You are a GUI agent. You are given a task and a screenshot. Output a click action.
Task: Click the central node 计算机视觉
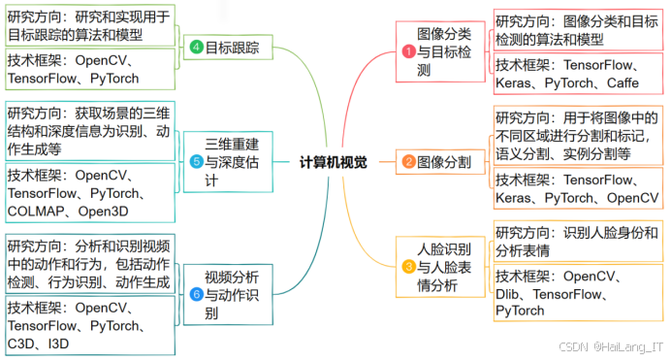click(x=334, y=163)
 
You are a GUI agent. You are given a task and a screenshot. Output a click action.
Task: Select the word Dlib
click(x=513, y=293)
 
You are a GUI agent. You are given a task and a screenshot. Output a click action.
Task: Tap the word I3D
click(x=59, y=343)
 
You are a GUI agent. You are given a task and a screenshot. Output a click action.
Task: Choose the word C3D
click(x=22, y=343)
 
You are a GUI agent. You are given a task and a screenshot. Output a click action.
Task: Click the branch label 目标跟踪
click(x=233, y=48)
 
